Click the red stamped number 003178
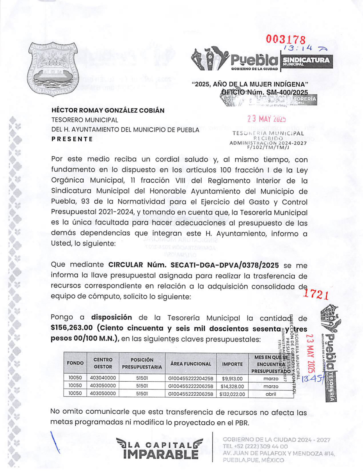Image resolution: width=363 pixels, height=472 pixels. [x=286, y=39]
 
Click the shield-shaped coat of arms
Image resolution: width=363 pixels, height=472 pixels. [x=53, y=69]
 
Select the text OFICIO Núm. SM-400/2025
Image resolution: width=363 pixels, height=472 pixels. [x=265, y=92]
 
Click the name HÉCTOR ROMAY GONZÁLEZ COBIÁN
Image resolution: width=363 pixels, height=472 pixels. [x=108, y=110]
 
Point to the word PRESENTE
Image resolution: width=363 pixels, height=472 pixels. [x=72, y=139]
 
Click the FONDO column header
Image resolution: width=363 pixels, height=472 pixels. [x=75, y=363]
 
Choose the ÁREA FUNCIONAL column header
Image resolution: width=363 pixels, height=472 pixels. [x=191, y=364]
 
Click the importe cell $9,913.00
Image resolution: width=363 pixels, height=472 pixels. [x=232, y=379]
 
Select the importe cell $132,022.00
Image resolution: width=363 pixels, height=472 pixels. [x=232, y=394]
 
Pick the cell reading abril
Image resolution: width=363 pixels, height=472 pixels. [x=271, y=394]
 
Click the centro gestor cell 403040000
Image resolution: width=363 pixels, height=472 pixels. [x=103, y=378]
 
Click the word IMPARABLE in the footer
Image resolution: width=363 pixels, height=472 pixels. [x=161, y=454]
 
